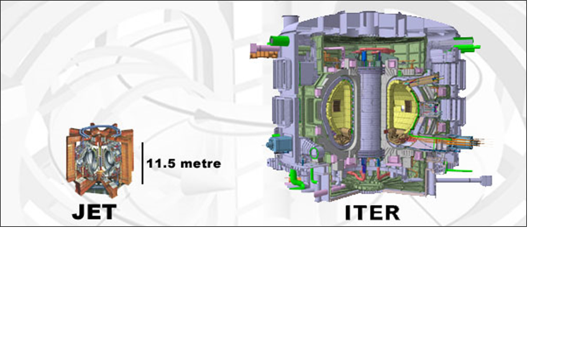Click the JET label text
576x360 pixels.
coord(94,212)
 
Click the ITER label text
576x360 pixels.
coord(373,213)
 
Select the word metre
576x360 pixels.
coord(201,164)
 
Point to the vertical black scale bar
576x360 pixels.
coord(142,163)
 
